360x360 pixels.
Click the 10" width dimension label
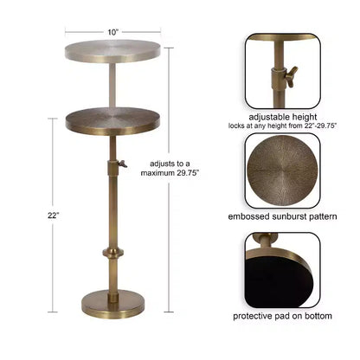click(x=113, y=32)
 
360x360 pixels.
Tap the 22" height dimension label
click(x=54, y=215)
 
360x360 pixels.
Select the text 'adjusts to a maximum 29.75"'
click(x=170, y=168)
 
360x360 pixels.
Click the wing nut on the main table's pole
click(x=123, y=164)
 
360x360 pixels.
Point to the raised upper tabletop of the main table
click(x=112, y=51)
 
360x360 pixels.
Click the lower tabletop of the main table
click(x=112, y=121)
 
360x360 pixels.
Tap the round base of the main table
click(x=112, y=305)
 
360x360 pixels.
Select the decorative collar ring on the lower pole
click(x=113, y=253)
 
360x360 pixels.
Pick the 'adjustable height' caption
click(x=283, y=117)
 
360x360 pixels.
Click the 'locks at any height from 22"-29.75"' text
click(x=283, y=126)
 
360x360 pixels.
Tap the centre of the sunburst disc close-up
click(x=283, y=170)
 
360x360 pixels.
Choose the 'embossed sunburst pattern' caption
click(x=282, y=216)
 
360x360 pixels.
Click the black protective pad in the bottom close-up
click(x=277, y=281)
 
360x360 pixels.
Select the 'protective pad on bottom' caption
click(x=282, y=316)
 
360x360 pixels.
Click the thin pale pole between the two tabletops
click(x=112, y=86)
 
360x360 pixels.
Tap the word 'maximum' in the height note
click(x=157, y=173)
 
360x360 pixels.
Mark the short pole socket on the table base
click(x=112, y=298)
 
